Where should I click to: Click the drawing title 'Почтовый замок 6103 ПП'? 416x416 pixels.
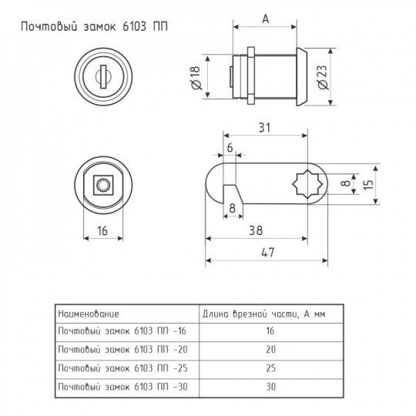click(94, 27)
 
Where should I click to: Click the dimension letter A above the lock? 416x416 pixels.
click(265, 19)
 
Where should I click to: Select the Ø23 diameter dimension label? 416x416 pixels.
click(322, 77)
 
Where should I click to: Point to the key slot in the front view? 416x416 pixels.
click(103, 77)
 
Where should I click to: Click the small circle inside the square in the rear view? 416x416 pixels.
click(103, 185)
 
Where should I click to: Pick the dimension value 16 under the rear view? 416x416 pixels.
click(102, 230)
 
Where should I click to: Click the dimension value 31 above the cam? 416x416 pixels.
click(264, 128)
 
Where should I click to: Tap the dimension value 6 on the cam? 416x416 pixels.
click(230, 148)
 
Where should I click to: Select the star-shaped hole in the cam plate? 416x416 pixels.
click(307, 184)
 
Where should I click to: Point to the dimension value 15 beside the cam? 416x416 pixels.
click(368, 183)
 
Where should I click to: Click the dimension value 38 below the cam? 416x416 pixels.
click(256, 230)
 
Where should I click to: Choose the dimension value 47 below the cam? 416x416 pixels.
click(267, 253)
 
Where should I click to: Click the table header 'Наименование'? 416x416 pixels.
click(89, 314)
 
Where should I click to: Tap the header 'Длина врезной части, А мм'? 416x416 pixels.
click(263, 314)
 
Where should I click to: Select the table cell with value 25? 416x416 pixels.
click(270, 368)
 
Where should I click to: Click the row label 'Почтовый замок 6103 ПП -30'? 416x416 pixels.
click(122, 387)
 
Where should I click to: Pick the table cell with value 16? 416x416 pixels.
click(270, 330)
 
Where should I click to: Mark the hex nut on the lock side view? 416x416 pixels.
click(250, 75)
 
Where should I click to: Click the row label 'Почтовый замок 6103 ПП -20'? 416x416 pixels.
click(122, 350)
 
